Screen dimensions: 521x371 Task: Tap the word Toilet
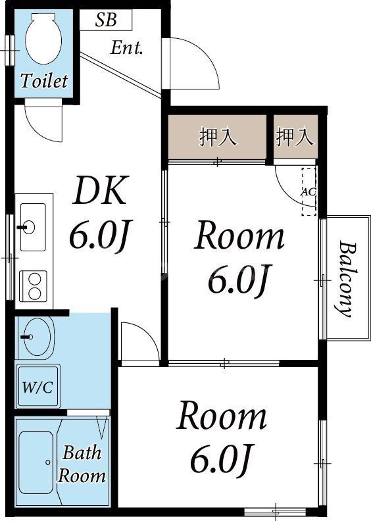[44, 82]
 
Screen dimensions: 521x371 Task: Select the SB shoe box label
[105, 20]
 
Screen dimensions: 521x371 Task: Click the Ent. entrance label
[126, 47]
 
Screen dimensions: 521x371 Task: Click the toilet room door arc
[45, 122]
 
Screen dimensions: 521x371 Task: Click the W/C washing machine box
[37, 387]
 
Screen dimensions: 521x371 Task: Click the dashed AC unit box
[309, 192]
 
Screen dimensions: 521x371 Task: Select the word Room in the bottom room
[222, 417]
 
